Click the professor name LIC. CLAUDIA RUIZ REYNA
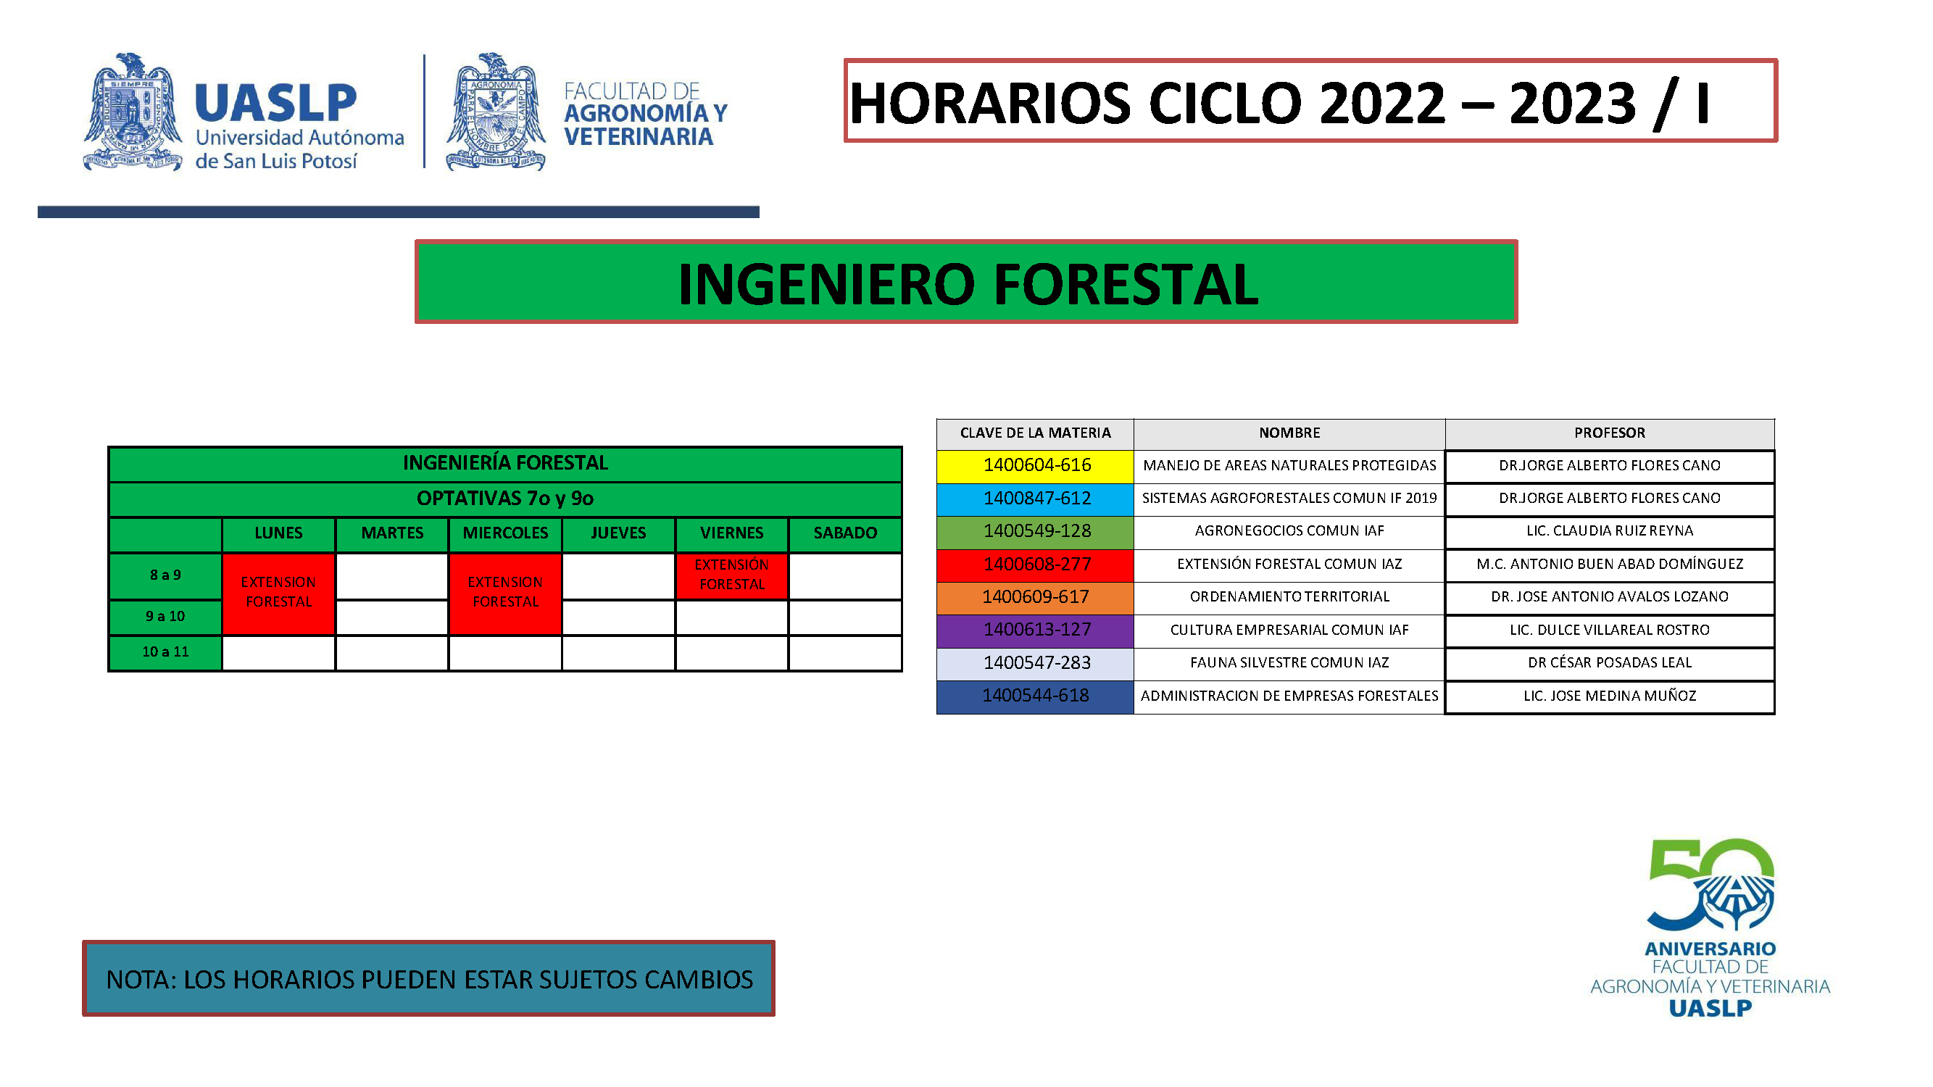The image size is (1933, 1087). pyautogui.click(x=1610, y=531)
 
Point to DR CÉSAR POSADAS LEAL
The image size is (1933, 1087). pyautogui.click(x=1610, y=663)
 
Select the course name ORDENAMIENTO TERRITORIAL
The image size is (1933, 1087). pyautogui.click(x=1289, y=597)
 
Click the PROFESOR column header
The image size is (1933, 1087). pyautogui.click(x=1610, y=433)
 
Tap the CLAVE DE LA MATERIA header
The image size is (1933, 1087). pyautogui.click(x=1035, y=433)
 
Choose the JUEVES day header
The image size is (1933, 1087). pyautogui.click(x=618, y=533)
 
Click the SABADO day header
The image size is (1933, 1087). pyautogui.click(x=845, y=533)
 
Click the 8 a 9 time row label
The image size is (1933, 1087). pyautogui.click(x=165, y=575)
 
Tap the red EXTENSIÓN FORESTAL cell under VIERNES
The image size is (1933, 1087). pyautogui.click(x=731, y=575)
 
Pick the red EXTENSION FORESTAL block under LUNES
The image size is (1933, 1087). pyautogui.click(x=278, y=593)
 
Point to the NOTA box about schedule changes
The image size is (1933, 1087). pyautogui.click(x=428, y=979)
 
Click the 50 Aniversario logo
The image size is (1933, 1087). pyautogui.click(x=1710, y=928)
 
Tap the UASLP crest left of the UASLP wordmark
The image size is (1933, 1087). pyautogui.click(x=133, y=112)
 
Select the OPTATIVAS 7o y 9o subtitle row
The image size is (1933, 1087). pyautogui.click(x=505, y=499)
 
